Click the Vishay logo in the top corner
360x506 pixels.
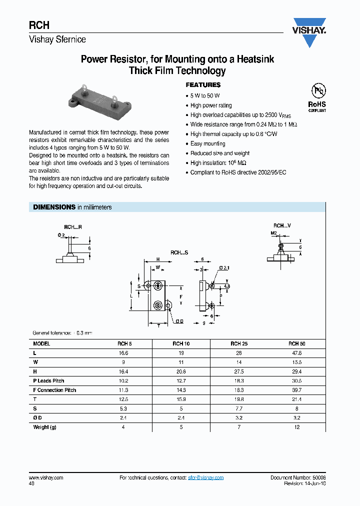pyautogui.click(x=309, y=33)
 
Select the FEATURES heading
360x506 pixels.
pyautogui.click(x=203, y=85)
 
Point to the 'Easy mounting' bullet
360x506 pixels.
pyautogui.click(x=208, y=144)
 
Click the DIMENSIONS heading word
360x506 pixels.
pyautogui.click(x=54, y=207)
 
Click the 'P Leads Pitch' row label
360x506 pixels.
pyautogui.click(x=49, y=381)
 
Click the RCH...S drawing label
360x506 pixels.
pyautogui.click(x=179, y=253)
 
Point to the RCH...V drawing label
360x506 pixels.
pyautogui.click(x=282, y=226)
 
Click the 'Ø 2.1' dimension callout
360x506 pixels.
pyautogui.click(x=223, y=269)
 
